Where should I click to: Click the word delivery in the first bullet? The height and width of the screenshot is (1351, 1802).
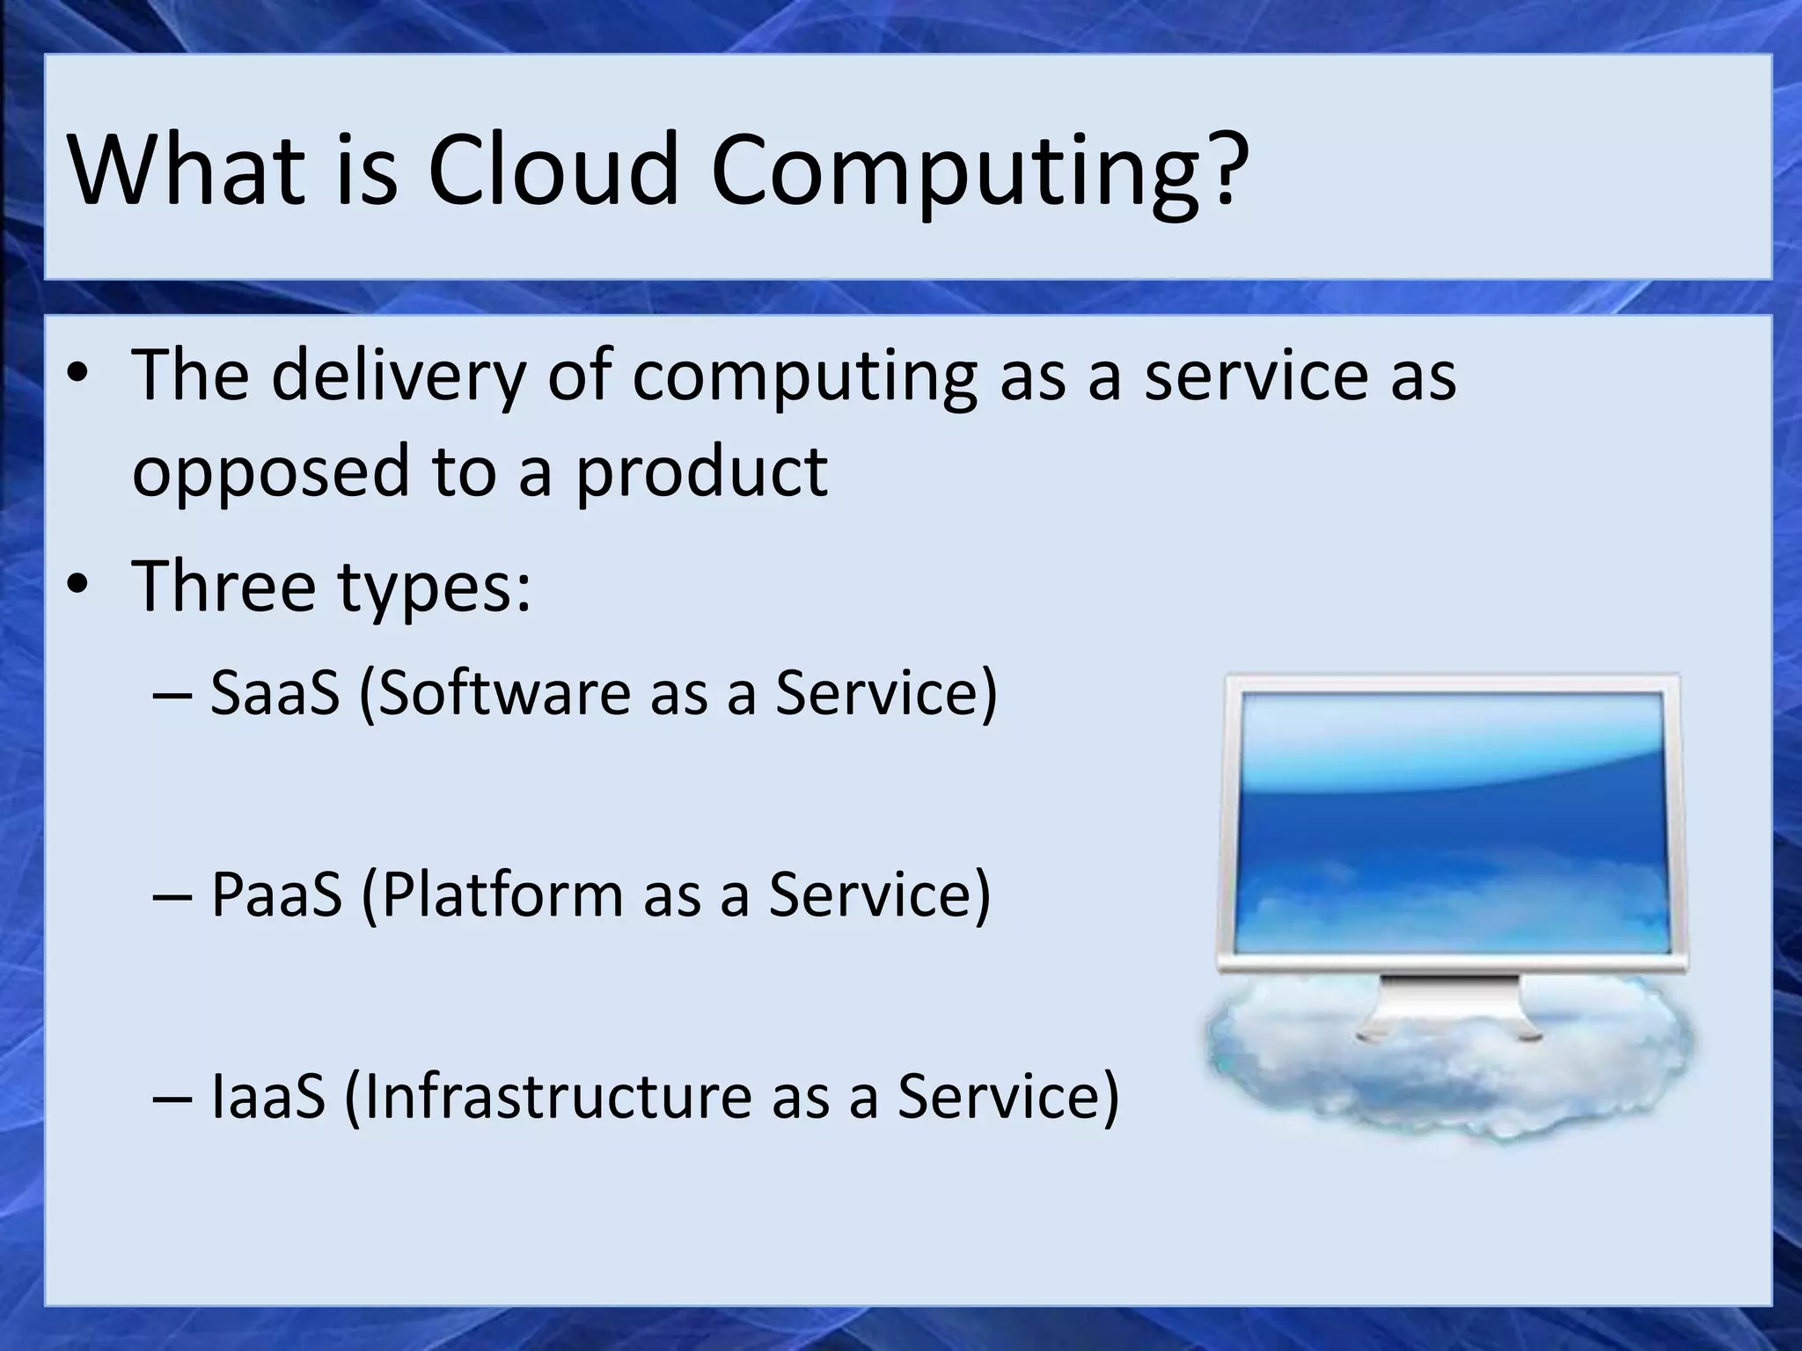[397, 376]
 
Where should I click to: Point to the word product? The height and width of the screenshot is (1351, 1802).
[701, 471]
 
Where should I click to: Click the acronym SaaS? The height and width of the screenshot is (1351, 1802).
[275, 692]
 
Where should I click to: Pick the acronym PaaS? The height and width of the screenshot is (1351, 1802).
[276, 894]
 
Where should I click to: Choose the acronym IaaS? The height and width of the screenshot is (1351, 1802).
[268, 1096]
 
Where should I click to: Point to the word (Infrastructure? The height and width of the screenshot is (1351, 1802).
[546, 1096]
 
